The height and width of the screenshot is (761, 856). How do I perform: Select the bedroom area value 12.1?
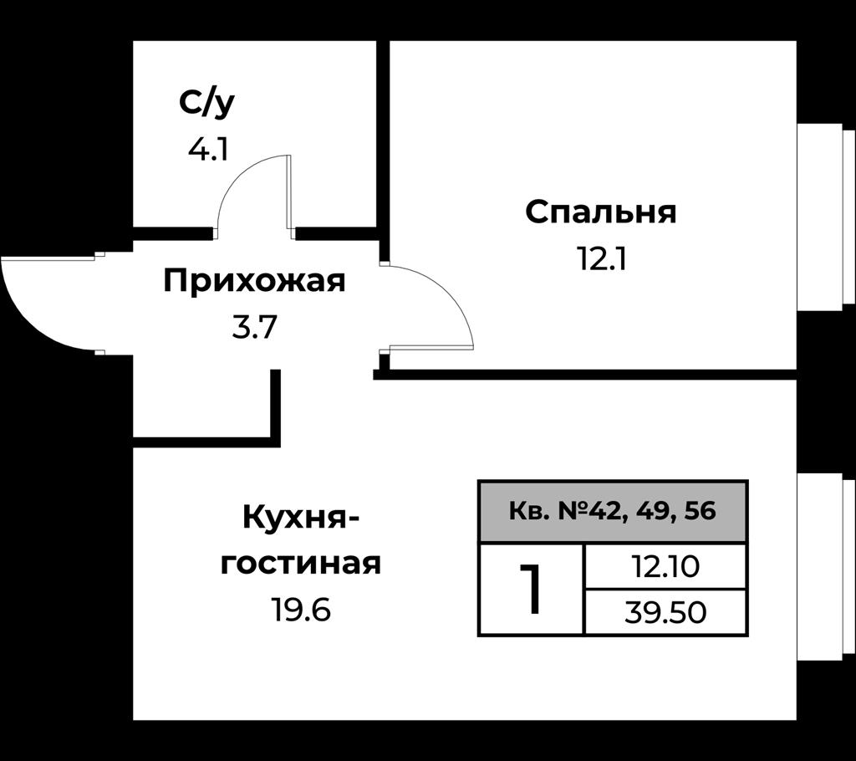tap(602, 259)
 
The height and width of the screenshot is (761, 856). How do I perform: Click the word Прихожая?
tap(254, 281)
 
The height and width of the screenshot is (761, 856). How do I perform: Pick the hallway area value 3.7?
tap(255, 328)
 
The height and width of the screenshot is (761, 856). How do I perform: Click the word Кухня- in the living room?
tap(301, 517)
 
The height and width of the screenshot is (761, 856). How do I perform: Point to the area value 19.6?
tap(301, 610)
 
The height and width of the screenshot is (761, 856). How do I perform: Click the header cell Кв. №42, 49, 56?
tap(613, 511)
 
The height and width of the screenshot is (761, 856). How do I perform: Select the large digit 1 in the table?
tap(530, 590)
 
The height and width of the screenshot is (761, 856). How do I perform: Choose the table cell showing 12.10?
tap(665, 566)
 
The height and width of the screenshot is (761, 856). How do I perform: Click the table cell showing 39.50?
tap(665, 612)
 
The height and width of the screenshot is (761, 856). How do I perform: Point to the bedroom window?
tap(825, 217)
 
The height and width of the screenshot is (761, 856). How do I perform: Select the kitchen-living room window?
tap(825, 567)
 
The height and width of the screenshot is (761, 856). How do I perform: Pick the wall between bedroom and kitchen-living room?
tap(585, 375)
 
